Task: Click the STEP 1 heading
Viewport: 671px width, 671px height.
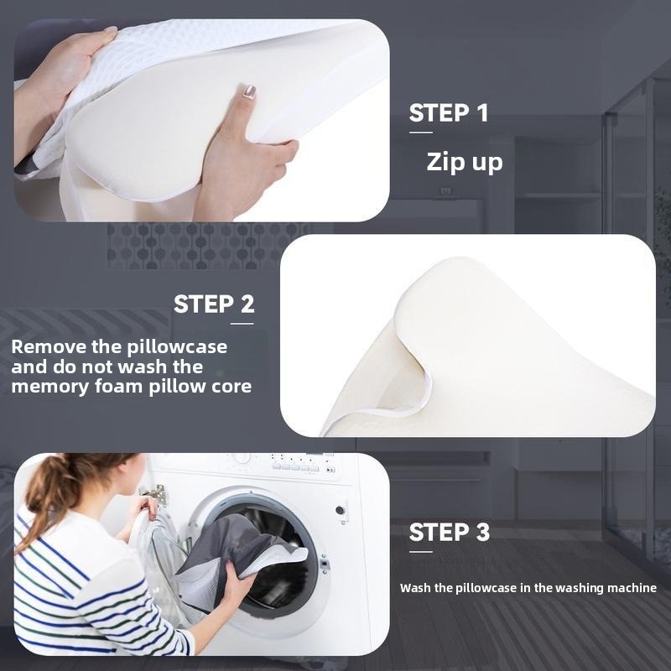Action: pos(449,113)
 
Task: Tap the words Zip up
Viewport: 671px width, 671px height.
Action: pos(465,162)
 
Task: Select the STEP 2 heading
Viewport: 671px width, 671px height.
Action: pos(214,304)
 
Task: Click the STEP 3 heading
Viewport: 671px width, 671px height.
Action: pos(449,533)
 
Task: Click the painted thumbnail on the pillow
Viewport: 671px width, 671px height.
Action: pos(249,91)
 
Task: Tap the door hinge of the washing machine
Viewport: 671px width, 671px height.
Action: pos(156,495)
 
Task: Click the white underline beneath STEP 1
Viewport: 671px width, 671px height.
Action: pos(421,133)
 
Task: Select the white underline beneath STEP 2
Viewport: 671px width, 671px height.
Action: pos(242,324)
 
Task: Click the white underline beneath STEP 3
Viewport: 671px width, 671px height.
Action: pos(421,552)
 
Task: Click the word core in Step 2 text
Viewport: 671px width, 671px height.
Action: pos(234,387)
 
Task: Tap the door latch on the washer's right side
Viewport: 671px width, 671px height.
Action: pos(324,564)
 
